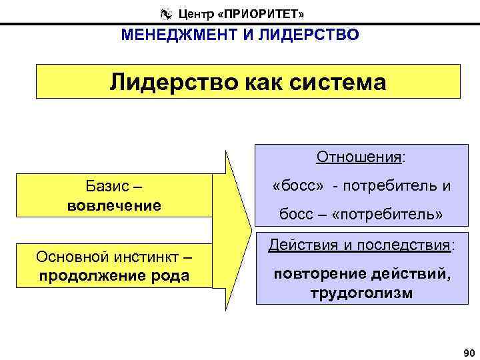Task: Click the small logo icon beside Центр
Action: (x=166, y=13)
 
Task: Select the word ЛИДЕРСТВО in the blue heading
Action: (x=315, y=35)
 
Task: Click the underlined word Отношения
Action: (x=359, y=157)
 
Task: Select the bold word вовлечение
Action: (x=114, y=205)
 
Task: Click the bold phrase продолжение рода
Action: (x=114, y=275)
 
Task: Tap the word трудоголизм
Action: (x=361, y=293)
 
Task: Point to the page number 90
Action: (x=466, y=352)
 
